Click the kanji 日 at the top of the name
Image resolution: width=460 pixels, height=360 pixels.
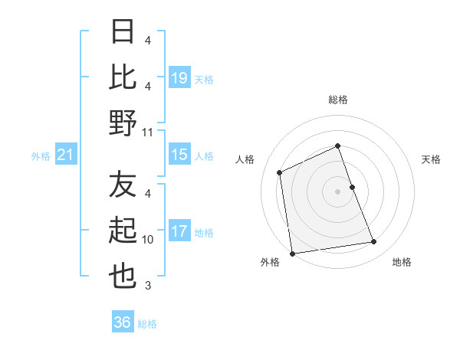[x=123, y=33]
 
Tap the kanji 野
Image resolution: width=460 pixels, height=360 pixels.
[x=123, y=122]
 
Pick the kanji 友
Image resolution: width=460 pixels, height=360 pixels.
[x=123, y=185]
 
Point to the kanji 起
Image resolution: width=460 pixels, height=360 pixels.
[x=123, y=231]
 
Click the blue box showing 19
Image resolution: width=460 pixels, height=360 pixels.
[x=179, y=77]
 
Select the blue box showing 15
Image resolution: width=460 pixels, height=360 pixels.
[x=179, y=155]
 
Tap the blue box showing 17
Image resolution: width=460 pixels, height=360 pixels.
[x=179, y=232]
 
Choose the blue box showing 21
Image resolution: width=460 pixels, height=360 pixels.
[x=66, y=155]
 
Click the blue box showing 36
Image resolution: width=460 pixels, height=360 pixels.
[x=123, y=322]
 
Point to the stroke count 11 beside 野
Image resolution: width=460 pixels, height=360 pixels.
[x=148, y=132]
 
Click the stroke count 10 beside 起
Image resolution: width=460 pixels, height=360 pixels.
[x=148, y=240]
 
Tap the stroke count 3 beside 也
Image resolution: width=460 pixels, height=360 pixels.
[x=148, y=286]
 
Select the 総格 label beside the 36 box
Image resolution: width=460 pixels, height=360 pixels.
[x=148, y=324]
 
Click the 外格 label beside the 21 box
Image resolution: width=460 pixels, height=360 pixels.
[x=41, y=156]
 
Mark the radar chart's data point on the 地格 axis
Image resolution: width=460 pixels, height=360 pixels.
[x=374, y=242]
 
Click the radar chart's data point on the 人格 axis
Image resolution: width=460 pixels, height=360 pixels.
[x=280, y=172]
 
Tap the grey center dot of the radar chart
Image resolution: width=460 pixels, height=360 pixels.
[x=337, y=191]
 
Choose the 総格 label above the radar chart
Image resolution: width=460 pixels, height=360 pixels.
[x=337, y=100]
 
